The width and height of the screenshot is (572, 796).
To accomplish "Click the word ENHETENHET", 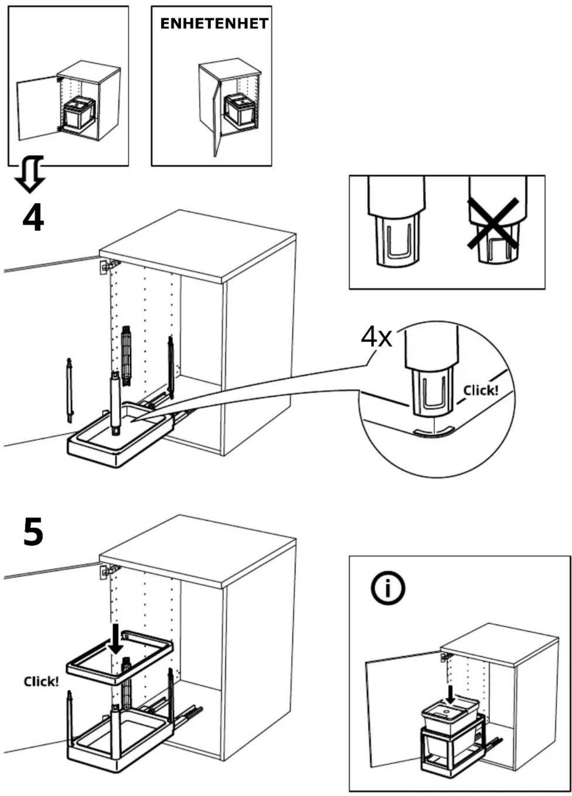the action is coord(214,24).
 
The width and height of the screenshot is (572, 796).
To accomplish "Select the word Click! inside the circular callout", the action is coord(481,390).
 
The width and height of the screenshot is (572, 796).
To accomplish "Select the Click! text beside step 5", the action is coord(41,681).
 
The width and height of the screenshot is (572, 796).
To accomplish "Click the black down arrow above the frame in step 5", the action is coord(116,639).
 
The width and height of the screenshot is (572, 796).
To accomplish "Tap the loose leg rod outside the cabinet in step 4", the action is coord(69,390).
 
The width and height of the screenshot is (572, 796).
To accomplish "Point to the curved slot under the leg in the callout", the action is coord(432,432).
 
